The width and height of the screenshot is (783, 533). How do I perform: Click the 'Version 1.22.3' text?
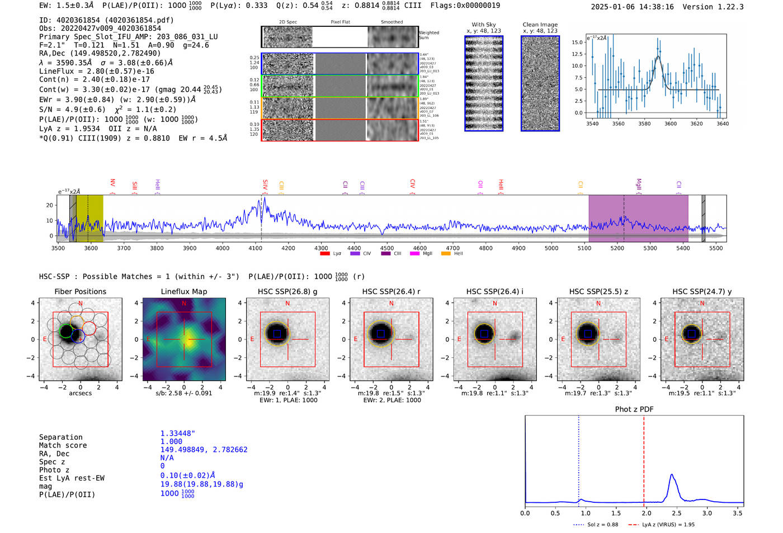pyautogui.click(x=713, y=7)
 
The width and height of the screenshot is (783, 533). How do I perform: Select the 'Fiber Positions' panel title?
pyautogui.click(x=80, y=291)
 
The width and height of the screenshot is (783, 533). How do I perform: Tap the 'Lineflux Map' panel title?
pyautogui.click(x=184, y=291)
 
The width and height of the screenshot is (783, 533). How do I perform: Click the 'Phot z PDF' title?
pyautogui.click(x=634, y=409)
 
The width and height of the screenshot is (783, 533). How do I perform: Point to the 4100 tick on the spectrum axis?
pyautogui.click(x=255, y=248)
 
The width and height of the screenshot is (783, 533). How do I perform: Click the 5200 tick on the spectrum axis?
pyautogui.click(x=617, y=248)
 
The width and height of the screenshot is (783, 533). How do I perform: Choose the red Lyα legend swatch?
pyautogui.click(x=324, y=253)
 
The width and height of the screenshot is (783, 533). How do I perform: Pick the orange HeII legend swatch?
pyautogui.click(x=446, y=253)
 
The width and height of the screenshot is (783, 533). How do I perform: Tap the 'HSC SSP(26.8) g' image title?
pyautogui.click(x=287, y=291)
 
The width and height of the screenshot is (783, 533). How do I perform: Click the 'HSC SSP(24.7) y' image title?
pyautogui.click(x=702, y=291)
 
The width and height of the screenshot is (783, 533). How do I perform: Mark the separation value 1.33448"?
pyautogui.click(x=178, y=433)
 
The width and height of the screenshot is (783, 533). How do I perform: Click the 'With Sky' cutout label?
pyautogui.click(x=484, y=25)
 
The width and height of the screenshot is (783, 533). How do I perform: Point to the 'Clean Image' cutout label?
pyautogui.click(x=540, y=25)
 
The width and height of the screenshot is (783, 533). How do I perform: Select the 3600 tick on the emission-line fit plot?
pyautogui.click(x=671, y=124)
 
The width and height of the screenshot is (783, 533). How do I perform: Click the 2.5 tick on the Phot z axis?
pyautogui.click(x=677, y=513)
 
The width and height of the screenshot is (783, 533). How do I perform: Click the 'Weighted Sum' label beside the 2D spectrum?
pyautogui.click(x=429, y=35)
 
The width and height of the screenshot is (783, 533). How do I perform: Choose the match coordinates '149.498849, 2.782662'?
pyautogui.click(x=204, y=450)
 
